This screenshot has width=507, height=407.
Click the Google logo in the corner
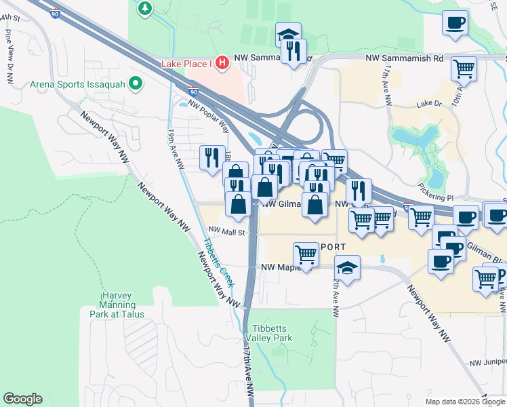pyautogui.click(x=22, y=399)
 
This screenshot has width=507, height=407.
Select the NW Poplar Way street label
pyautogui.click(x=209, y=114)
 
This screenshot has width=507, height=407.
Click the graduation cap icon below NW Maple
pyautogui.click(x=347, y=267)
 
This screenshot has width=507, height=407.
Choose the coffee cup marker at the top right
pyautogui.click(x=455, y=22)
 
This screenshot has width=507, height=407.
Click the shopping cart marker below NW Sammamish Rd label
pyautogui.click(x=464, y=68)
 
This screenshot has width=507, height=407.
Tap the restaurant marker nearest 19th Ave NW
pyautogui.click(x=212, y=157)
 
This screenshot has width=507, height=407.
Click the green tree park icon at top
pyautogui.click(x=145, y=8)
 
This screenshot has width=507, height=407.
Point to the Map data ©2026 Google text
pyautogui.click(x=464, y=401)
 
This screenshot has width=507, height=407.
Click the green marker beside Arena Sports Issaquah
pyautogui.click(x=136, y=84)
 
